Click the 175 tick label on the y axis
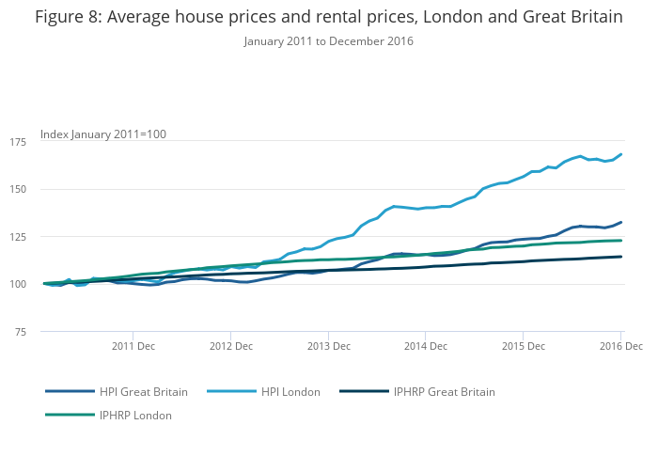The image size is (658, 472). (x=18, y=141)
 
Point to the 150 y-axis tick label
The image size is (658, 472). (x=18, y=189)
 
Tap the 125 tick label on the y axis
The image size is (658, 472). (x=18, y=236)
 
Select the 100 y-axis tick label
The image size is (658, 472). (x=18, y=284)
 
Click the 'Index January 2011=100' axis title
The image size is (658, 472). (x=103, y=134)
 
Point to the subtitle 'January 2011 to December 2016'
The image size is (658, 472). (x=328, y=41)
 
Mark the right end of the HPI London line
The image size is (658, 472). (x=621, y=154)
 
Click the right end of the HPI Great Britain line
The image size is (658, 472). (x=621, y=222)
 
